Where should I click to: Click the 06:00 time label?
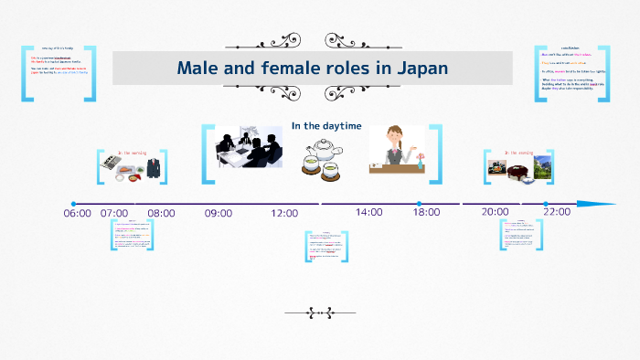[x=78, y=213]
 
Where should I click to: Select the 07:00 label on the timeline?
[x=114, y=213]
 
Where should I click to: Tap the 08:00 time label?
[x=161, y=213]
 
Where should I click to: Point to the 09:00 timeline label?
[x=219, y=213]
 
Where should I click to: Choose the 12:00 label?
[x=284, y=213]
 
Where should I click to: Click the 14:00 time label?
[x=369, y=212]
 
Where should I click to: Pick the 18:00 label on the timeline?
[x=426, y=212]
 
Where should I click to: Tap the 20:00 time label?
[x=495, y=212]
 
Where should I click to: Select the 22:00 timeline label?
[x=556, y=212]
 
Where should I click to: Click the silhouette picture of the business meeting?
[x=246, y=147]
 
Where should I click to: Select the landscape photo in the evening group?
[x=543, y=167]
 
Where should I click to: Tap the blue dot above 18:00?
[x=419, y=204]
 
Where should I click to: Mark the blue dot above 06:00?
[x=73, y=204]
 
